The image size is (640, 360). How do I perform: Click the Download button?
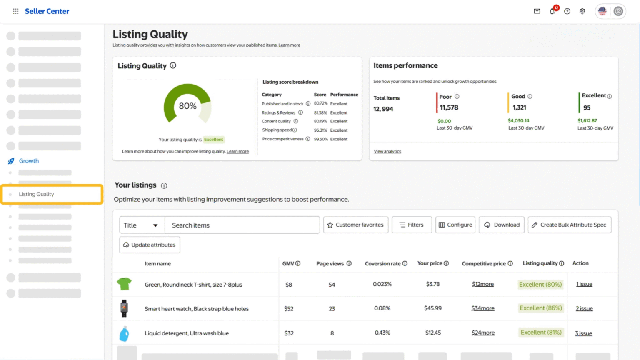pos(502,225)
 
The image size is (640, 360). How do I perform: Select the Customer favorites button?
pos(355,225)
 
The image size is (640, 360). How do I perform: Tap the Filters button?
pos(411,225)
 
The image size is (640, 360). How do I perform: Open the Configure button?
pos(455,225)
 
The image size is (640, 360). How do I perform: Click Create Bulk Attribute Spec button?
pos(569,225)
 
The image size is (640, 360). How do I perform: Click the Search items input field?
pos(242,225)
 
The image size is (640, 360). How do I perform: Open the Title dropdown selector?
pos(142,225)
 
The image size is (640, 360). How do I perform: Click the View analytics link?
pos(387,151)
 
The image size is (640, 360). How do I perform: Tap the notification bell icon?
pos(552,11)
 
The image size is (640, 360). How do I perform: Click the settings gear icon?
pos(582,11)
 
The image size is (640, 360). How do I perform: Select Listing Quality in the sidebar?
pos(37,194)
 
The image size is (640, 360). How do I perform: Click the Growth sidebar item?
pos(29,161)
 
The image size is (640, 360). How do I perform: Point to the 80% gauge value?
pos(187,106)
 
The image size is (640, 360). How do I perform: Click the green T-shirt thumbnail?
pos(124,284)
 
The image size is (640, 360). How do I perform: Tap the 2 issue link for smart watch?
pos(584,308)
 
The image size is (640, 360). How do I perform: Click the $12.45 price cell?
pos(433,332)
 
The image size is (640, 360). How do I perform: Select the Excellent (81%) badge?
pos(541,332)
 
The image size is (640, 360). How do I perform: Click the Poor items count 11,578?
pos(449,107)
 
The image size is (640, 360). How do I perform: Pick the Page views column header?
pos(330,263)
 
